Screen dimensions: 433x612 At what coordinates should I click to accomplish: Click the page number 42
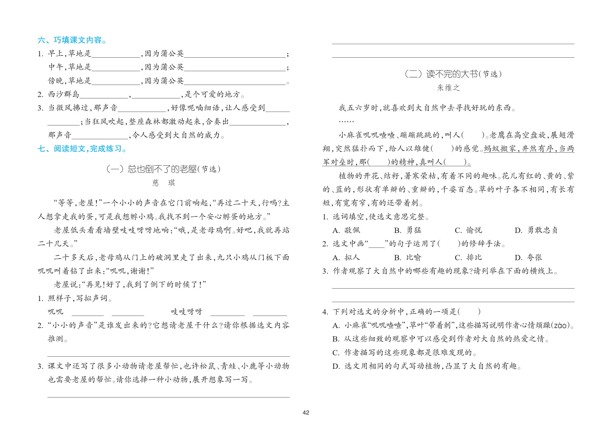306,413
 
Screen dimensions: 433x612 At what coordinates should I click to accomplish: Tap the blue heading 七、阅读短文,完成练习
82,149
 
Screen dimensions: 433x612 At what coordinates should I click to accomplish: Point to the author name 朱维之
448,88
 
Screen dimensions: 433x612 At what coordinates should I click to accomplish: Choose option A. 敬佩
346,230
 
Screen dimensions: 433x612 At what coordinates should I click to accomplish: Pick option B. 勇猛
408,230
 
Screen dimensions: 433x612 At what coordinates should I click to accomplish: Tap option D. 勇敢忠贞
536,230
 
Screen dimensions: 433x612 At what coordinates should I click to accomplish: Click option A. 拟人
346,257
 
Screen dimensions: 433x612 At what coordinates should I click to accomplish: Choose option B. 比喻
408,257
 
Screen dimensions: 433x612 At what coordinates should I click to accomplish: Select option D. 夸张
528,257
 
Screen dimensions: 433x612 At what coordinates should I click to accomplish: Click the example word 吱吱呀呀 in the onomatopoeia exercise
187,312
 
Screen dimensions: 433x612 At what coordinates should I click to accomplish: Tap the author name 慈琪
164,183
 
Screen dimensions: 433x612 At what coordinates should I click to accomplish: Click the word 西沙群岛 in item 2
63,94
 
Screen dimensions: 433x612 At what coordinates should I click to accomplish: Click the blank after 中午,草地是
116,68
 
